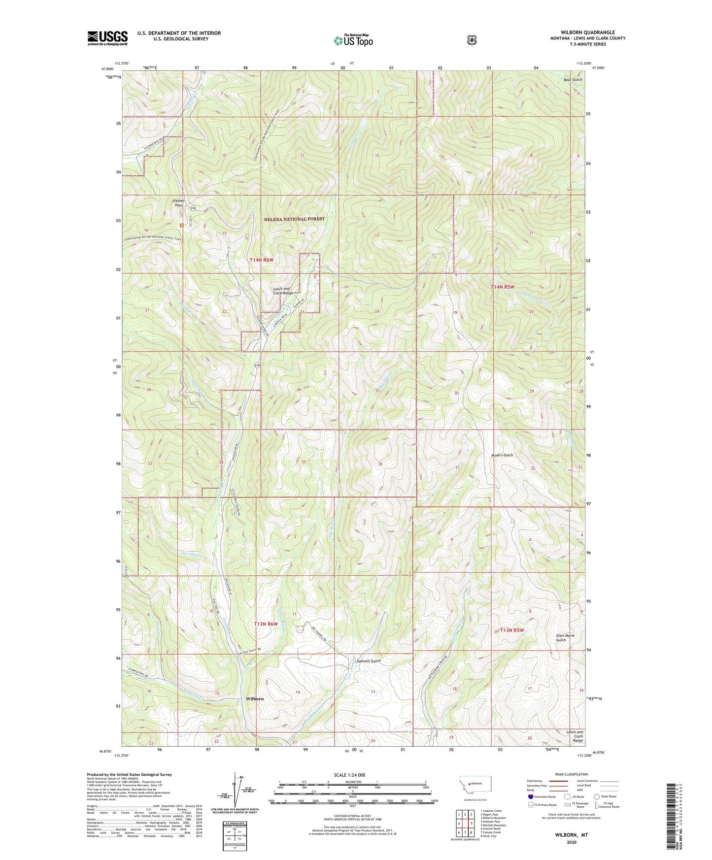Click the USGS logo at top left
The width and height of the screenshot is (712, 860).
[x=107, y=38]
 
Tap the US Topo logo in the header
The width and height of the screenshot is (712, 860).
[x=352, y=40]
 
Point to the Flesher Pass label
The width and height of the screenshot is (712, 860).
[x=178, y=203]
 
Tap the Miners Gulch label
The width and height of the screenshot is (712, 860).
[x=502, y=455]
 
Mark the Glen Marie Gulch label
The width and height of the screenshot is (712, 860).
[x=565, y=638]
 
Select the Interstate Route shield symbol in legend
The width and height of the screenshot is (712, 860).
[x=530, y=796]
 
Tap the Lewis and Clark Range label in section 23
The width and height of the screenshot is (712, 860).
[x=283, y=291]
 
